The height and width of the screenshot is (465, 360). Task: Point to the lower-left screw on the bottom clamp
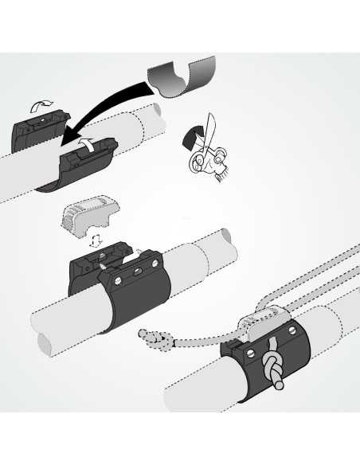(248, 354)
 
